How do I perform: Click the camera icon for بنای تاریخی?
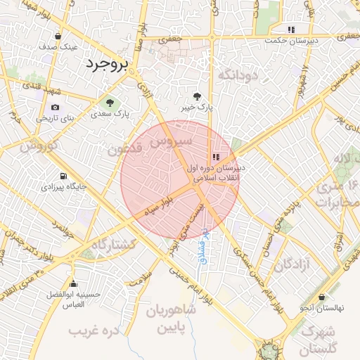click(x=56, y=107)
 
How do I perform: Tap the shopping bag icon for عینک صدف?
click(x=58, y=36)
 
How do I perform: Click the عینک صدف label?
click(x=58, y=46)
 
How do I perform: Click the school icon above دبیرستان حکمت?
click(x=291, y=30)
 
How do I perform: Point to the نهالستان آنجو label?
click(x=321, y=308)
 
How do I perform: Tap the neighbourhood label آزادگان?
click(x=292, y=265)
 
